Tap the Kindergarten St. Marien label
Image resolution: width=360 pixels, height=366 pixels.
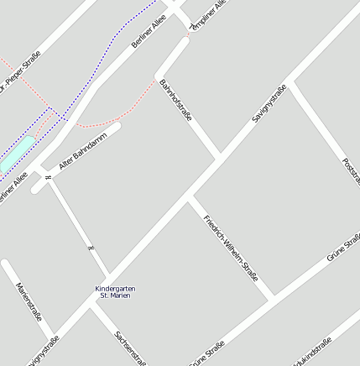[x=115, y=292]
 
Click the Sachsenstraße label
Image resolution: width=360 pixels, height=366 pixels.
[x=131, y=346]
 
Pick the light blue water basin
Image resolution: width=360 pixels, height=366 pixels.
[x=17, y=154]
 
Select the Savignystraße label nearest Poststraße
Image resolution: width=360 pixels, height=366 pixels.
[x=269, y=103]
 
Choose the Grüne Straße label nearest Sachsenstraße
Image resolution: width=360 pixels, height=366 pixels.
[x=207, y=353]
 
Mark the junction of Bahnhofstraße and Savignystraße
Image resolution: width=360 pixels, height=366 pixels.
[x=220, y=156]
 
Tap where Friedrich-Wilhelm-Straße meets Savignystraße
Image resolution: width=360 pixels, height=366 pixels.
[x=190, y=200]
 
